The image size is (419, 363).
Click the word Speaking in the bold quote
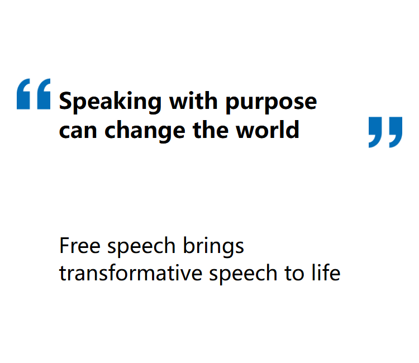click(110, 102)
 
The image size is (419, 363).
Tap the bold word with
click(193, 101)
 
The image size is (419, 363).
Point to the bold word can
click(78, 131)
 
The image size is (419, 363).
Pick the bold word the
click(211, 129)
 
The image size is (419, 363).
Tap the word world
click(268, 129)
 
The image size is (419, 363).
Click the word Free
click(80, 245)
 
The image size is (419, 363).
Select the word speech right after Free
click(141, 247)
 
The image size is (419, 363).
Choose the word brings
click(213, 247)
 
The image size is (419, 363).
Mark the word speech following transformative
click(243, 274)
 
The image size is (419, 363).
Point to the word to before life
click(294, 274)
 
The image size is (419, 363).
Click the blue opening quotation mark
click(34, 94)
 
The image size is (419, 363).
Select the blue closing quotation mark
click(385, 132)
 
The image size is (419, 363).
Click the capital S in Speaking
click(66, 101)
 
